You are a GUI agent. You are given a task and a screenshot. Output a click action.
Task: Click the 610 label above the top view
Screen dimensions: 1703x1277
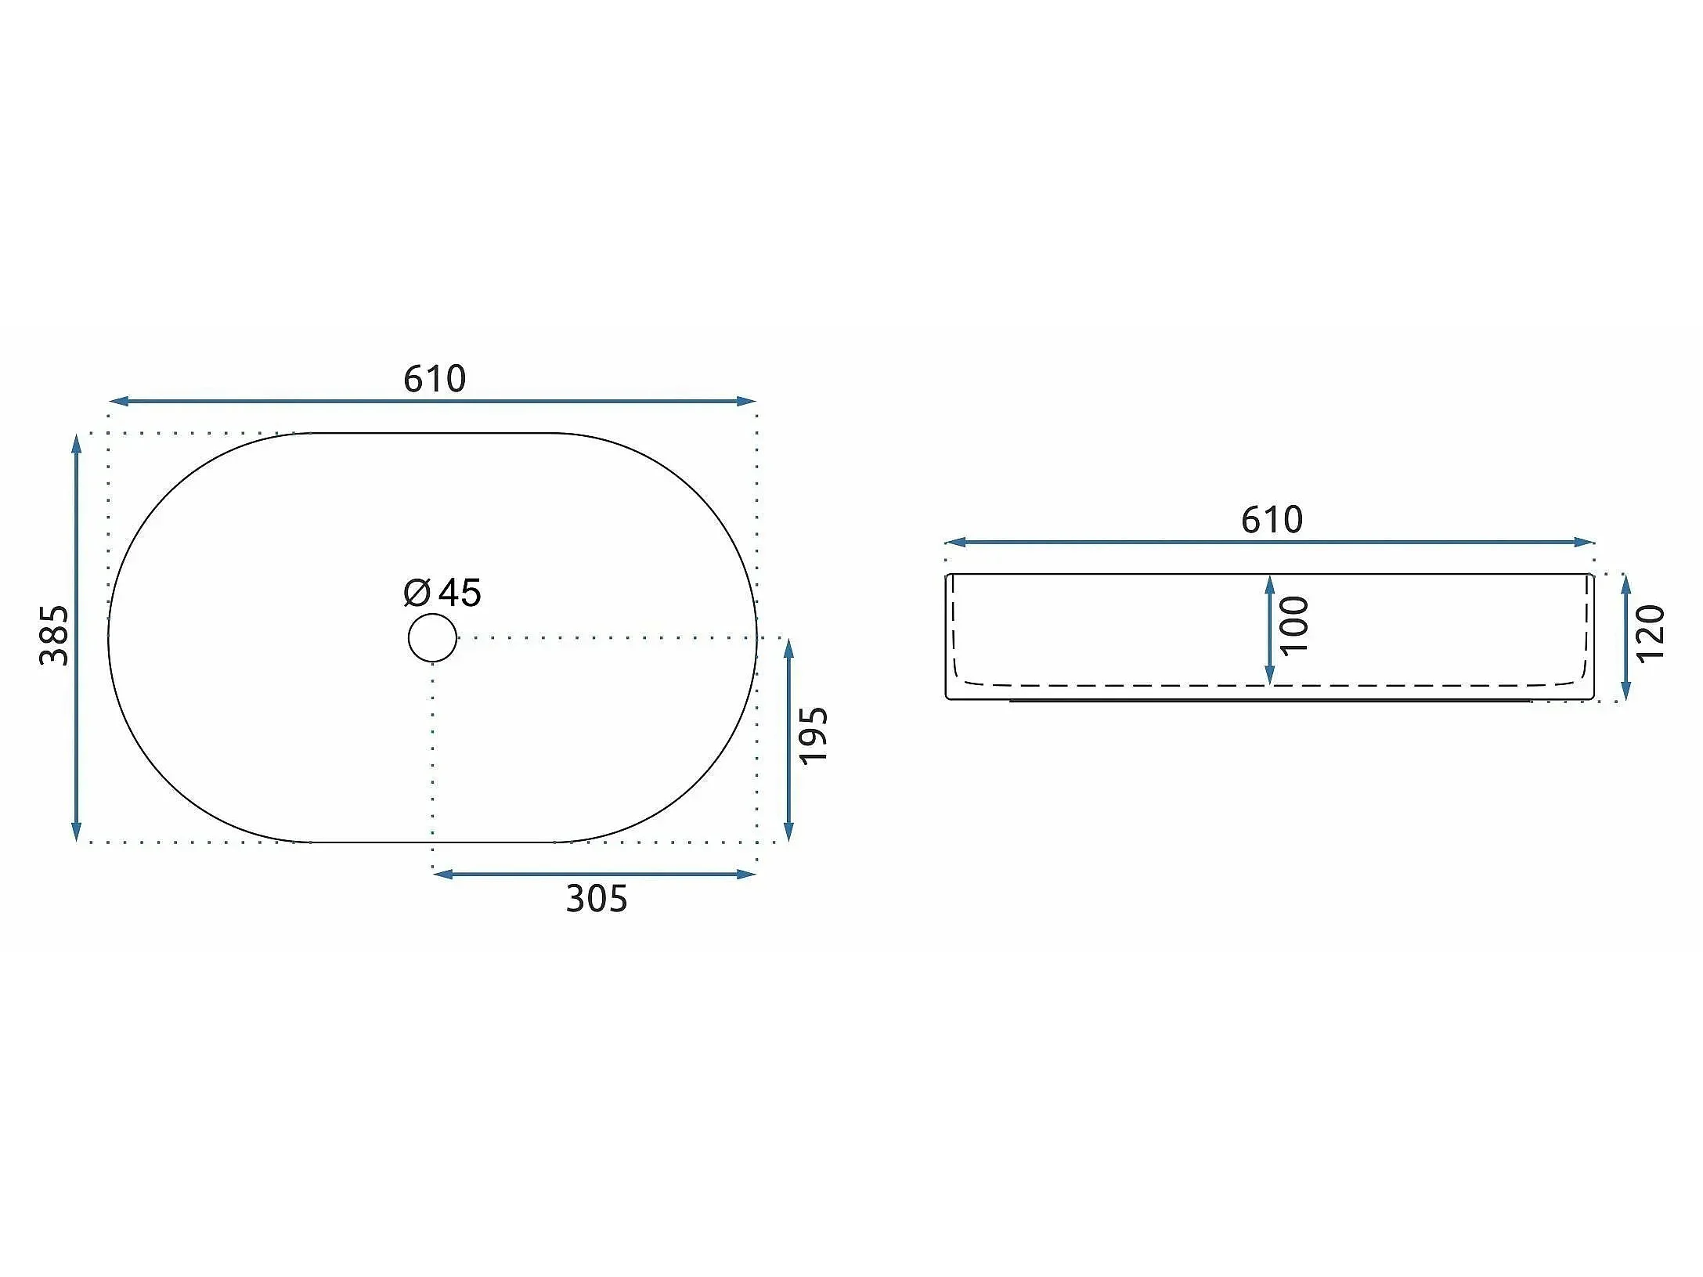(435, 379)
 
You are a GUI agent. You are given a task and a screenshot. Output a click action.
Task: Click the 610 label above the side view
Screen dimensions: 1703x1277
(1272, 520)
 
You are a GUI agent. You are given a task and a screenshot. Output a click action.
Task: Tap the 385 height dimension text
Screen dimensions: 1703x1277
(54, 635)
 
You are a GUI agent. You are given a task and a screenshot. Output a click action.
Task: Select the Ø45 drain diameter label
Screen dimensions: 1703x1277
(442, 593)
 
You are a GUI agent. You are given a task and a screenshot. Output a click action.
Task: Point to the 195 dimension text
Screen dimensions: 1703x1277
(813, 735)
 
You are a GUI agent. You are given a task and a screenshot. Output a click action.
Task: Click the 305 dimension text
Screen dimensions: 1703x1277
(597, 899)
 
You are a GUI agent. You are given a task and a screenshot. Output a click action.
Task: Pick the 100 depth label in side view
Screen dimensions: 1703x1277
(1294, 625)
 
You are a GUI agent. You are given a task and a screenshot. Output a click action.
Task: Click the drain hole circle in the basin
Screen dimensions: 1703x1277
(432, 637)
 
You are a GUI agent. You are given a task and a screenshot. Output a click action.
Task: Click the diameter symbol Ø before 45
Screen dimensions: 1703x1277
(417, 593)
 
